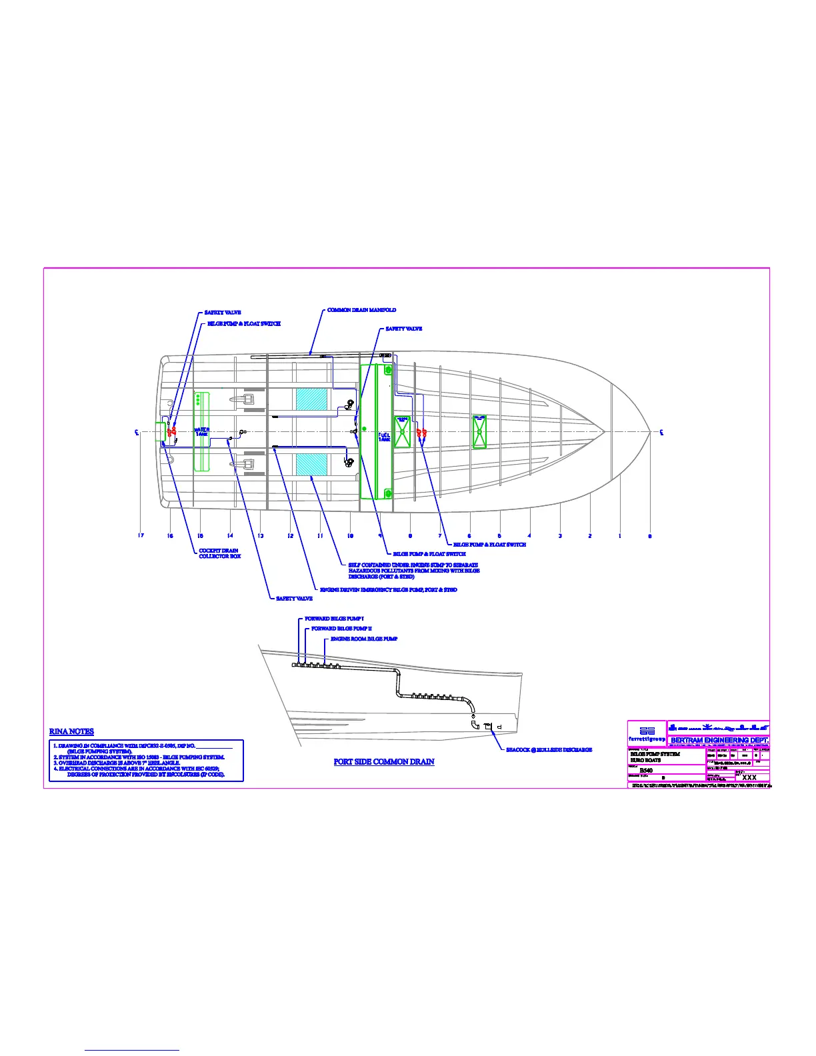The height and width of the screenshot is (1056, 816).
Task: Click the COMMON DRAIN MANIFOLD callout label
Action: pos(361,310)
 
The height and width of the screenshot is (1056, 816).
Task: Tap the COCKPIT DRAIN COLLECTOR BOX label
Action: pos(219,553)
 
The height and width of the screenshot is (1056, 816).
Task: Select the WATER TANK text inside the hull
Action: pos(201,432)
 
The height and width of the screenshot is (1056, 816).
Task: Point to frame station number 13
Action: pos(260,536)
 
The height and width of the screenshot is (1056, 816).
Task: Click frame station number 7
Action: pos(440,536)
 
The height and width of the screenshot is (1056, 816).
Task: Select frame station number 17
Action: pos(141,536)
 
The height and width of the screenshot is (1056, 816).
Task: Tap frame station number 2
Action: pos(590,536)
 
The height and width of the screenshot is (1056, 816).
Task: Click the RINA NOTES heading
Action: pos(71,731)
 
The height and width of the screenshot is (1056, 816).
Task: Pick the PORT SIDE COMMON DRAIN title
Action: pos(384,761)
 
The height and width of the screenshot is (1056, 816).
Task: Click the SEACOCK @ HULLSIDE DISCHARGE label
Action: pos(549,750)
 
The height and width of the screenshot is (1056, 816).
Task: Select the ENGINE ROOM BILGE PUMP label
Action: pos(364,639)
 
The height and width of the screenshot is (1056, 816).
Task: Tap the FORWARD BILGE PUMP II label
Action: pos(341,629)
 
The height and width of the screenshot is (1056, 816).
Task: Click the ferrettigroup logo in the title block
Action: pos(647,733)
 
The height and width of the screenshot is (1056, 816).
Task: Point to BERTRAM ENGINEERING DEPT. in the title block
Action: pos(719,740)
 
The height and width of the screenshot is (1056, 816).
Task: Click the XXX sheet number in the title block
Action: pos(749,777)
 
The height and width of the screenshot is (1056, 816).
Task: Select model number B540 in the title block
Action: pos(646,771)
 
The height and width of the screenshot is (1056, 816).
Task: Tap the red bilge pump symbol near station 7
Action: pos(421,433)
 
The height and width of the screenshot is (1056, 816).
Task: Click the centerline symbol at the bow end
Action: pos(661,432)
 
